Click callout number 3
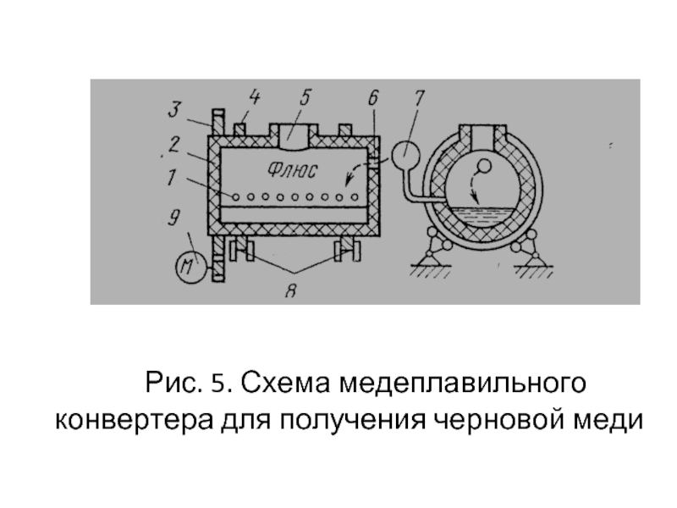click(x=173, y=109)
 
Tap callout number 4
click(x=255, y=97)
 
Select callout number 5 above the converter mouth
click(x=305, y=97)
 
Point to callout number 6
click(x=373, y=97)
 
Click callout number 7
click(x=419, y=97)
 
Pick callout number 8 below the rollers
click(x=291, y=290)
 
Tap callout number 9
click(x=173, y=218)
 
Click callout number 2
click(x=173, y=144)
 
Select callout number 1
click(x=172, y=177)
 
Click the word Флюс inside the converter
click(x=292, y=169)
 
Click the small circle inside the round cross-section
click(x=484, y=166)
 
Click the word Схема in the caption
click(x=285, y=383)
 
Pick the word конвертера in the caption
click(x=135, y=421)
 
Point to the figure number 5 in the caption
click(x=218, y=384)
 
